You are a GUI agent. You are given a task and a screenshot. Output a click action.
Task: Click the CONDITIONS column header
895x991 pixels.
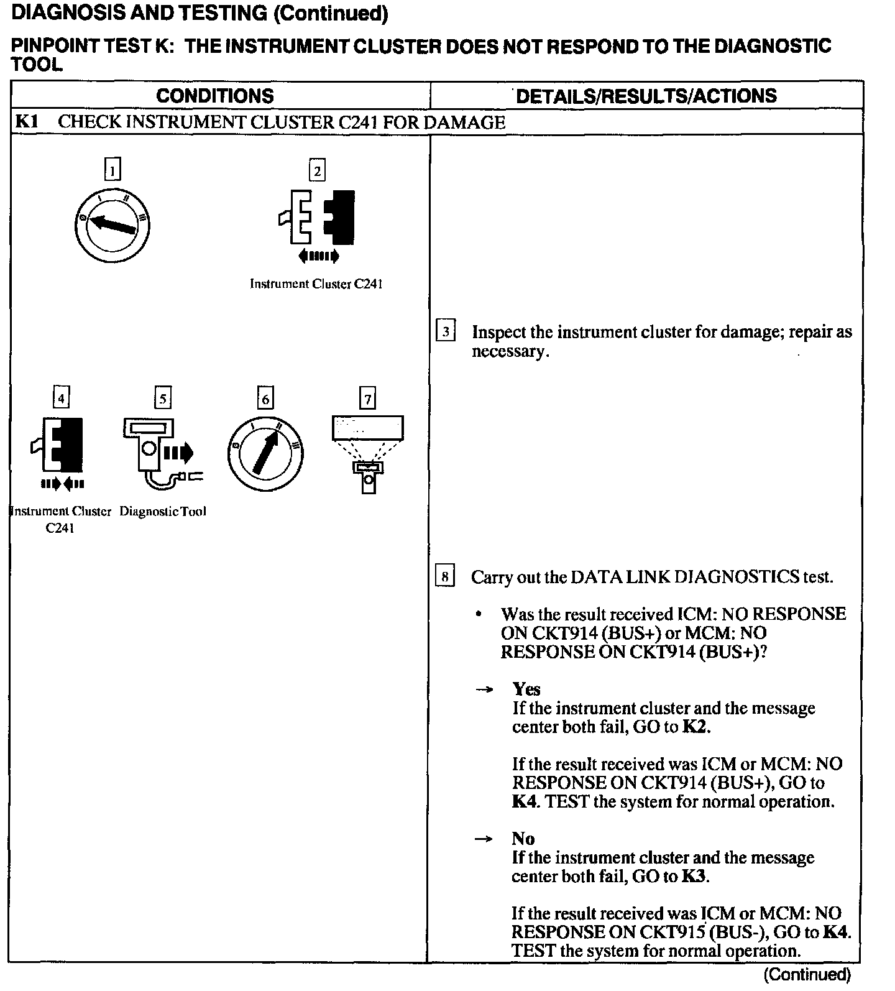215,96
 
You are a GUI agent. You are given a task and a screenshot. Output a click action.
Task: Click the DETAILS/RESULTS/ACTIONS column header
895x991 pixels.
646,96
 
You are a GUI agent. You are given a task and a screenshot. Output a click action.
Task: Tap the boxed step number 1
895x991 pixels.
112,170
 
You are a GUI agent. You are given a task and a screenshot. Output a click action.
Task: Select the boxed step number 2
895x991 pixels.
317,170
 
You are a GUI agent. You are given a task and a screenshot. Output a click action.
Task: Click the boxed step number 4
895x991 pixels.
60,397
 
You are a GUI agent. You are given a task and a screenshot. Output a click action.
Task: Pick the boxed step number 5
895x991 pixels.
163,398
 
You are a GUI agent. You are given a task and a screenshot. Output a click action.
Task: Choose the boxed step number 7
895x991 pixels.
368,398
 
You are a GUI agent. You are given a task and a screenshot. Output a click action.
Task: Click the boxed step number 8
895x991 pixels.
445,577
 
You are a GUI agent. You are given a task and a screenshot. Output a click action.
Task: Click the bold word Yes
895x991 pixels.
526,689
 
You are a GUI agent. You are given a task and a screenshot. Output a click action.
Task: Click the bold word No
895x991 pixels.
523,839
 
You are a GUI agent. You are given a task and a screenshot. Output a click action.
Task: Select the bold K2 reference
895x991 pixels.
694,727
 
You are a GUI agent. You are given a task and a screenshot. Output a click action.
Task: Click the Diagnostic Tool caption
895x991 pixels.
163,512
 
